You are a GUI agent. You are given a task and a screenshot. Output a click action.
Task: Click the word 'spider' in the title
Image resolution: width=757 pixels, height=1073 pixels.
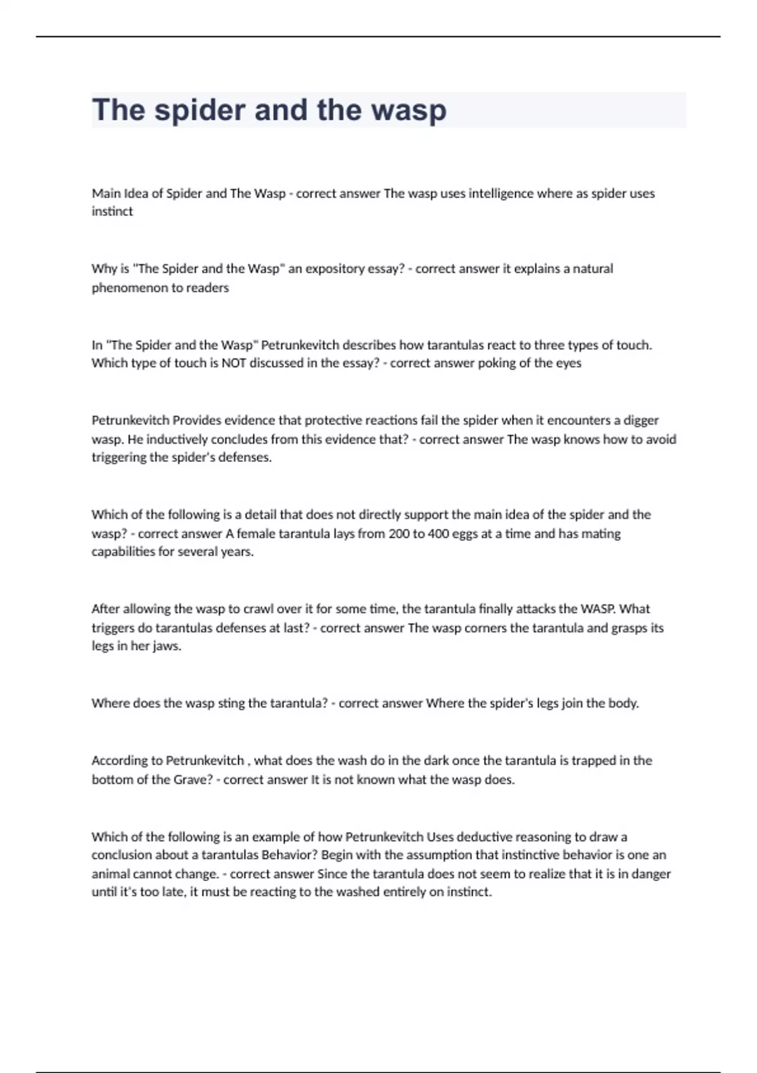[x=200, y=110]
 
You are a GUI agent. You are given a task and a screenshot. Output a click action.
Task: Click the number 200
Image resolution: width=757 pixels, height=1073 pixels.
[x=399, y=533]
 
